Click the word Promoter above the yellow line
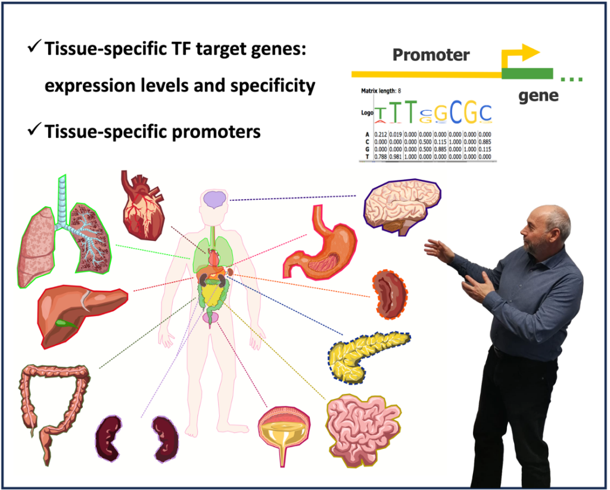(431, 55)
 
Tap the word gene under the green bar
(538, 95)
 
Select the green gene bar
(527, 74)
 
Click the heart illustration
(141, 204)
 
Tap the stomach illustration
(322, 244)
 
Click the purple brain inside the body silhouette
(213, 199)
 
